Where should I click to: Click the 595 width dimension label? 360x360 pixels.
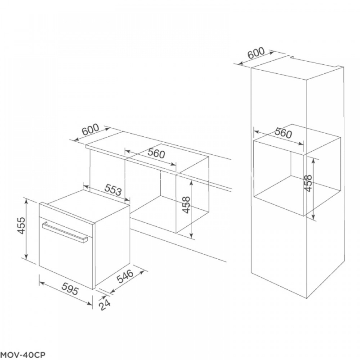[70, 290]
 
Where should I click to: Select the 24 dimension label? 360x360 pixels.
[104, 305]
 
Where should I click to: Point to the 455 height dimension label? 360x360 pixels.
[21, 225]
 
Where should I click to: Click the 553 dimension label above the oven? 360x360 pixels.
[113, 189]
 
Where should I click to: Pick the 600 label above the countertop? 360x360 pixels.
[90, 129]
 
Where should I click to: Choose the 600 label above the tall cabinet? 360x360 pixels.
[256, 53]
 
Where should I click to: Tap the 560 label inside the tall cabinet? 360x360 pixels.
[283, 133]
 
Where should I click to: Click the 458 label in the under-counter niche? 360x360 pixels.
[187, 205]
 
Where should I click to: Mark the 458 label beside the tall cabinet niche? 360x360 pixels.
[308, 183]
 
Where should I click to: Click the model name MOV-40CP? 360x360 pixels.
[23, 355]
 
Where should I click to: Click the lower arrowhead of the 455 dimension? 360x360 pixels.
[27, 257]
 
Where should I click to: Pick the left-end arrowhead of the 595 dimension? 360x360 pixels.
[42, 283]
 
